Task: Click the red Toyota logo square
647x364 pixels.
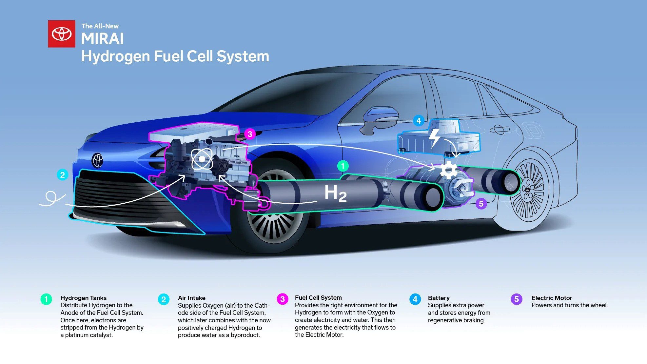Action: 62,34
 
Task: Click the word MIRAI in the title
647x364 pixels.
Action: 102,39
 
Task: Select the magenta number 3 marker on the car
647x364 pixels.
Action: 250,134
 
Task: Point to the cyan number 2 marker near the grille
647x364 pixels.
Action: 62,174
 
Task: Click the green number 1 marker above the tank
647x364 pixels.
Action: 343,166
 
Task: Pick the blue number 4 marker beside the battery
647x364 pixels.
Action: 419,121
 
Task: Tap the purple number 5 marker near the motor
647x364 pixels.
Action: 481,204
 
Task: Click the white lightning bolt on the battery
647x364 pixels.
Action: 435,137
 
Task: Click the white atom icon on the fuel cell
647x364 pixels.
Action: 202,159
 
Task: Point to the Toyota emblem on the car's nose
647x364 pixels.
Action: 98,160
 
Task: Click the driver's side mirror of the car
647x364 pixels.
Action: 380,118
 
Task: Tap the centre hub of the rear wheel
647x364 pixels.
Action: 527,190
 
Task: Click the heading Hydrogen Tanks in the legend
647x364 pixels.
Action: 83,298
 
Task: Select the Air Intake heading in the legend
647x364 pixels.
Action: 191,298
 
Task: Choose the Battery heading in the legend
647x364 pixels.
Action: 439,298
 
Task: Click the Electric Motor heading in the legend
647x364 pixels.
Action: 552,298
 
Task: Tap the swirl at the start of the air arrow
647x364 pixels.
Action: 51,197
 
